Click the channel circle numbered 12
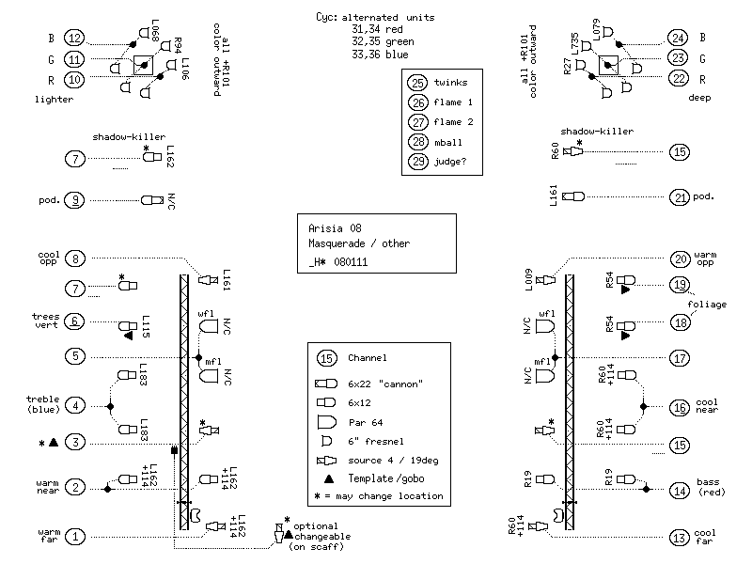(x=75, y=38)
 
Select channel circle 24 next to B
(x=678, y=38)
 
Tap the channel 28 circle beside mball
(x=417, y=142)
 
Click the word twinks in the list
(x=450, y=82)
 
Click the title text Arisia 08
(x=335, y=227)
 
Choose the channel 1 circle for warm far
(x=75, y=536)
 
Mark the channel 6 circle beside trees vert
(x=75, y=321)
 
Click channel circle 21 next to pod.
(x=679, y=197)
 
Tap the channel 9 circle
(x=75, y=199)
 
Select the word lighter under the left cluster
(x=53, y=98)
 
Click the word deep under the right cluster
(x=698, y=98)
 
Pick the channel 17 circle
(x=679, y=357)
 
